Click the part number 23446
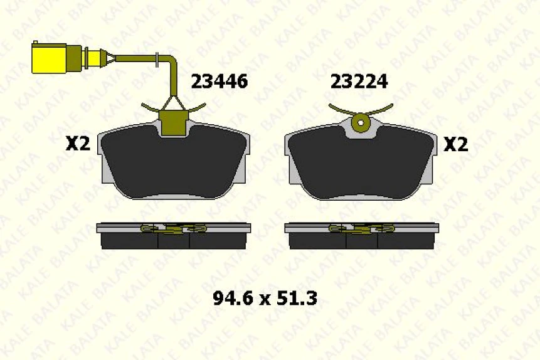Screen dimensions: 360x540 click(219, 82)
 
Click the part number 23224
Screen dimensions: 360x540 click(359, 82)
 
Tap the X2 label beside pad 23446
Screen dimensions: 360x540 click(78, 145)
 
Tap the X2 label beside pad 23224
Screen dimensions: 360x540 click(456, 145)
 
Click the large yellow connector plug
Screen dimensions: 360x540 click(48, 58)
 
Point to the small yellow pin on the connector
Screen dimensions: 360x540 click(94, 58)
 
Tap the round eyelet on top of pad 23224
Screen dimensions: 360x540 click(360, 124)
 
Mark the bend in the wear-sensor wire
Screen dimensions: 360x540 click(171, 63)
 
